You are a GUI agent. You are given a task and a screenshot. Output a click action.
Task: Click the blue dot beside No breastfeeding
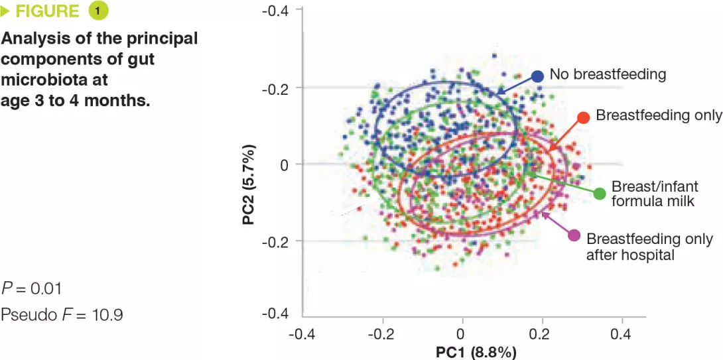tap(537, 76)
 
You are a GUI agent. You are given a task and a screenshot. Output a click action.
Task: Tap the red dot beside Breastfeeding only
tap(584, 117)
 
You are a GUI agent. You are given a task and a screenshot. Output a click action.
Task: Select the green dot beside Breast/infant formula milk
tap(600, 194)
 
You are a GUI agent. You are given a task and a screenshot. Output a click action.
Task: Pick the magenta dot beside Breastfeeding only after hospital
tap(574, 235)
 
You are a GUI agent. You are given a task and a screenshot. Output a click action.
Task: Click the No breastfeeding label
tap(608, 74)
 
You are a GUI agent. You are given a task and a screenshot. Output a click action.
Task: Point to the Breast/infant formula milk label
tap(653, 193)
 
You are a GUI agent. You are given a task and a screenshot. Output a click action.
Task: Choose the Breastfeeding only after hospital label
tap(650, 246)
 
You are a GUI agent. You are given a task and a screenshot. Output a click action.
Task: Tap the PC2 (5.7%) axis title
tap(248, 180)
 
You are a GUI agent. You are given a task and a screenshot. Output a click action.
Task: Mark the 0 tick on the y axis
tap(285, 164)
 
